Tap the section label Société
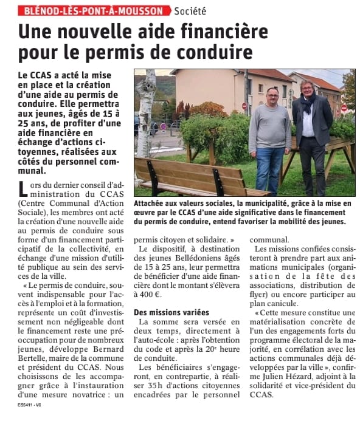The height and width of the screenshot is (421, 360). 190,10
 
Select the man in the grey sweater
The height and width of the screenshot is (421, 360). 269,134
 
